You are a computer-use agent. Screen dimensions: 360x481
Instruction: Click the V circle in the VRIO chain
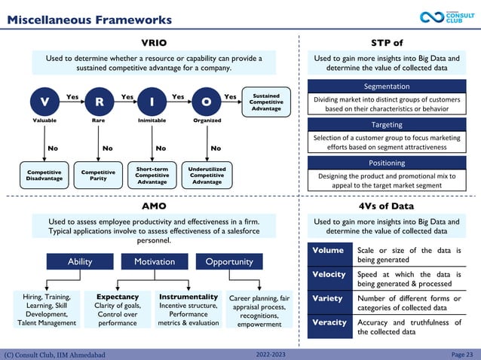(44, 101)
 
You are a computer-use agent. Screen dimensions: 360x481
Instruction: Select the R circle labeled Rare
(99, 101)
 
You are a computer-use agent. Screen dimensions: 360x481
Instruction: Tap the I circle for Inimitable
(152, 101)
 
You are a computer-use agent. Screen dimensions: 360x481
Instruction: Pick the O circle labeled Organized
(207, 101)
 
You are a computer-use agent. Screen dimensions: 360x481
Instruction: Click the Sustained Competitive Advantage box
(266, 102)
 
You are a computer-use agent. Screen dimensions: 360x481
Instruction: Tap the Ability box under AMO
(80, 261)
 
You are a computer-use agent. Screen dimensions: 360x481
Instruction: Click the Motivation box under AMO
(155, 261)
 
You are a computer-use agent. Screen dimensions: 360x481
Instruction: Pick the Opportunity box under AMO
(229, 261)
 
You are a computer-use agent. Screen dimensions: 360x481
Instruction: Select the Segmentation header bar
(387, 87)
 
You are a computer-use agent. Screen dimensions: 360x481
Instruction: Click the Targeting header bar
(387, 124)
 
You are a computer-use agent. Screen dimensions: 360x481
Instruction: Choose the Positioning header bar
(387, 163)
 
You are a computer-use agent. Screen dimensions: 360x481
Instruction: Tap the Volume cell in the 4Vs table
(329, 251)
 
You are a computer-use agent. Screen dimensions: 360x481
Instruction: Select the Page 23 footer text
(461, 354)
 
